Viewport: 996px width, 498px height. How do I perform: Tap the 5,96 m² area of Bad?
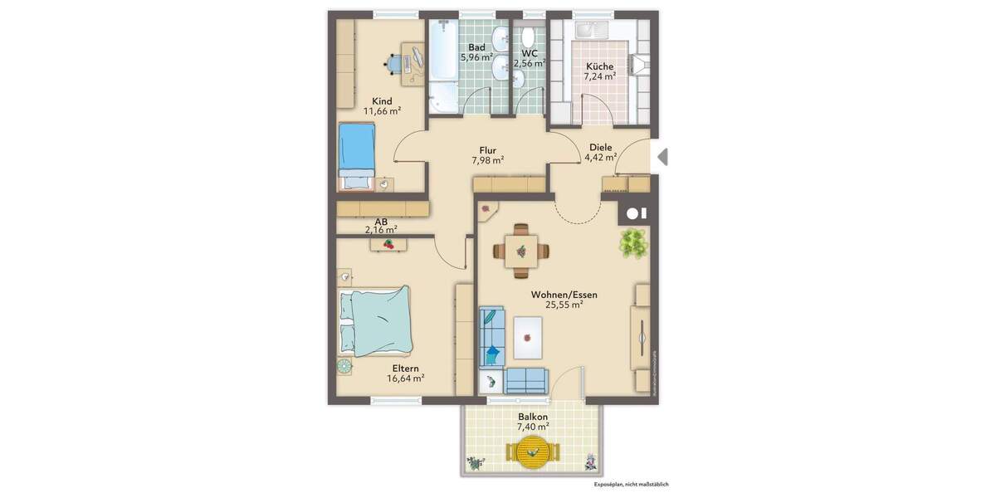pos(476,58)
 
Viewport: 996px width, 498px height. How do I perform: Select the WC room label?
pos(529,53)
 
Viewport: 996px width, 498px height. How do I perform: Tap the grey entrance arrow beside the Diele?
pos(662,156)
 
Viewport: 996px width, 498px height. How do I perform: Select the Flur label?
pos(487,150)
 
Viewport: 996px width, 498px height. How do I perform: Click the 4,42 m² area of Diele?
pos(600,157)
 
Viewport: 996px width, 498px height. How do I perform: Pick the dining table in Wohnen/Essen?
pos(520,249)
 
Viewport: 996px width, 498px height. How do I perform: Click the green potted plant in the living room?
pos(634,242)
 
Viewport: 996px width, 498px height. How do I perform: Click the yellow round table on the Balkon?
pos(533,453)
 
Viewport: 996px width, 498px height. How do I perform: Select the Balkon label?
pos(532,417)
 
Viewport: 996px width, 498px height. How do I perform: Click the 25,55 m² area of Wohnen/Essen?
pos(564,305)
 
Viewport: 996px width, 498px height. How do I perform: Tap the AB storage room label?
pos(381,222)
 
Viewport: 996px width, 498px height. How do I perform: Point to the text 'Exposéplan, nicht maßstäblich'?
pos(631,484)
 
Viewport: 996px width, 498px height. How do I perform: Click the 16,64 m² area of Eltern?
pos(405,378)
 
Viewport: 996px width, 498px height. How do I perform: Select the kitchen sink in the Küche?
pos(595,31)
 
